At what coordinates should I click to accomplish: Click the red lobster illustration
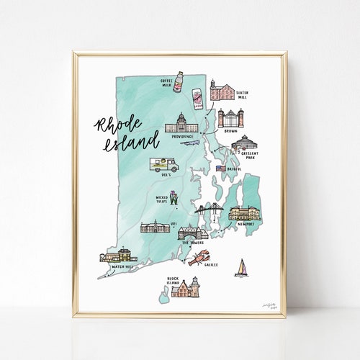click(198, 258)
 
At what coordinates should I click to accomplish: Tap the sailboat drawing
click(241, 267)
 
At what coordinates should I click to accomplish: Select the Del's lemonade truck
click(163, 165)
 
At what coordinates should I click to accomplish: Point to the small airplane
click(189, 143)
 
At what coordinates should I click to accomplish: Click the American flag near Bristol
click(220, 168)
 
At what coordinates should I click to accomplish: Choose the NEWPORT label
click(246, 224)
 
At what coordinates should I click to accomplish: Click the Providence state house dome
click(179, 117)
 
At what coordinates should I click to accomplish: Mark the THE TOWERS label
click(192, 243)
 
